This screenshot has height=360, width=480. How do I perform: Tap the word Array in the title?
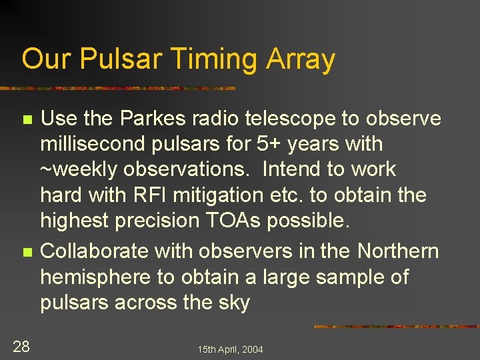(x=301, y=59)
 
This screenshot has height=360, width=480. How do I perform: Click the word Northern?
(x=398, y=251)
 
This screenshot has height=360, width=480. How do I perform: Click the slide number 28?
(x=21, y=345)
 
